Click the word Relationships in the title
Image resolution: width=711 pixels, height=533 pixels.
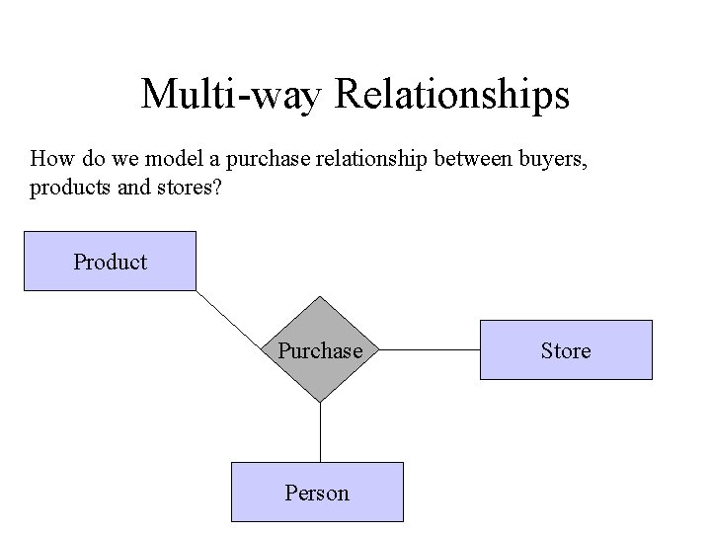tap(452, 95)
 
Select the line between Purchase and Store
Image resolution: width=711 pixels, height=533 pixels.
tap(429, 349)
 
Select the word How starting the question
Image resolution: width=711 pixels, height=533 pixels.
tap(49, 158)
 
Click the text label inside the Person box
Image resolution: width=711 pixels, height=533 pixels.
tap(317, 492)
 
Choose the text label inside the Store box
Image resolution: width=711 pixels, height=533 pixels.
tap(566, 350)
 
